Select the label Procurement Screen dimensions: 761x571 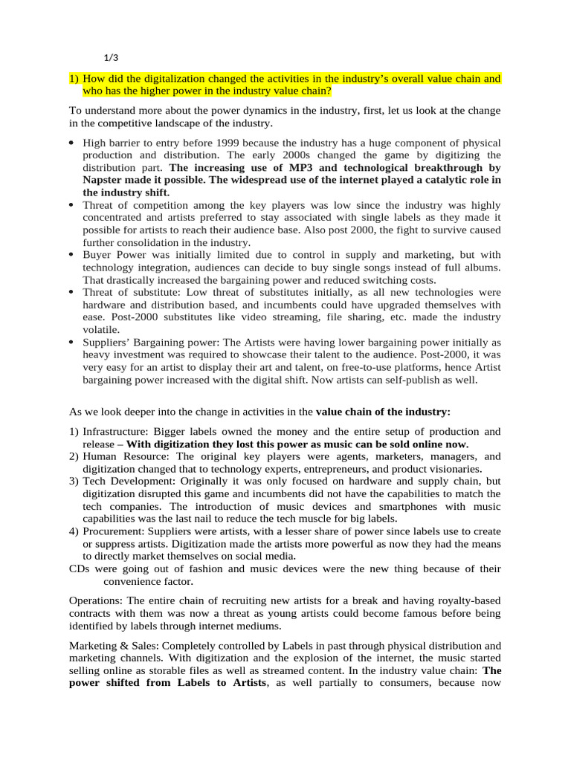(112, 531)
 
